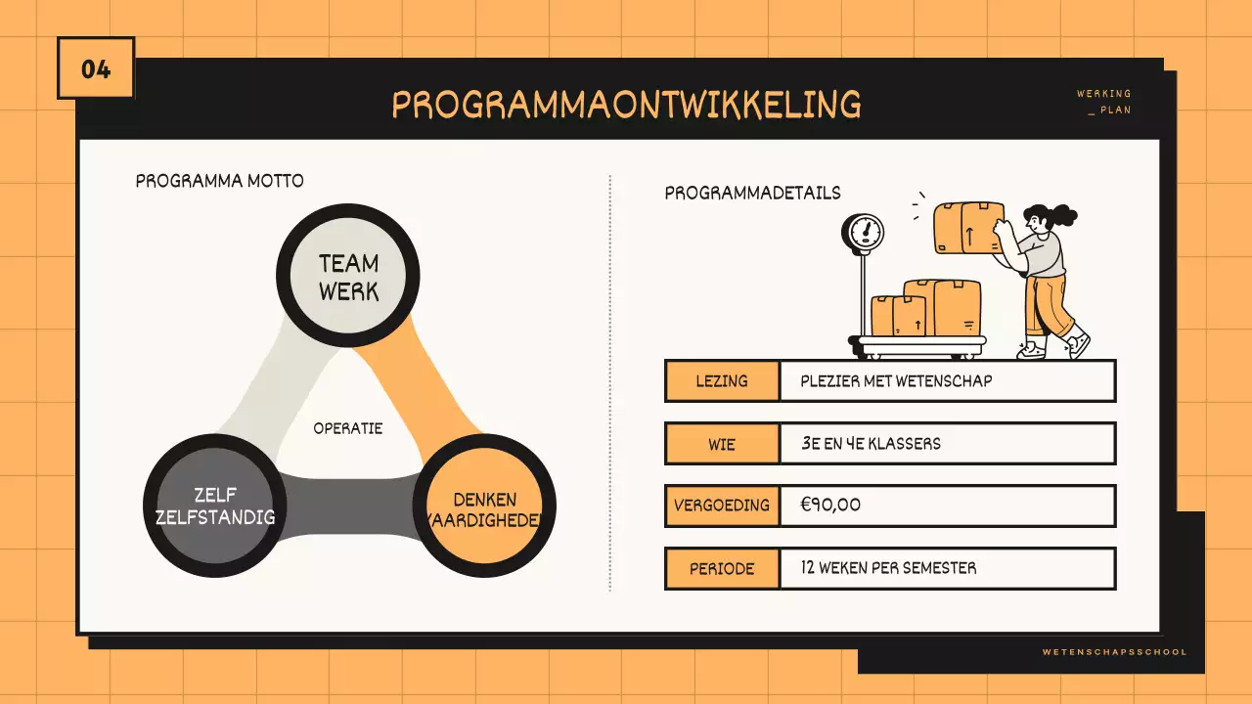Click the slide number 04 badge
click(x=96, y=68)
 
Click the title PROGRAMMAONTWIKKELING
click(x=626, y=104)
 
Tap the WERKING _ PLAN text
click(x=1105, y=102)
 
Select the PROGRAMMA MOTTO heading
click(x=219, y=181)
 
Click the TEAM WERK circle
click(x=348, y=277)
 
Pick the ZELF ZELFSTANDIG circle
click(x=215, y=506)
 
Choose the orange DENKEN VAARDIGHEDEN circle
click(x=484, y=509)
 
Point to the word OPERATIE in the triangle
click(x=347, y=428)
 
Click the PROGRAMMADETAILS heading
click(x=752, y=193)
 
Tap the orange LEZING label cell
click(x=722, y=381)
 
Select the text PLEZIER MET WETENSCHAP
click(x=895, y=381)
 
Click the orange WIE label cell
click(x=722, y=444)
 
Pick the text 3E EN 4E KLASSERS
click(x=871, y=444)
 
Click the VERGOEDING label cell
click(x=722, y=506)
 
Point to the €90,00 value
click(x=830, y=506)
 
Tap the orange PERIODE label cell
click(x=722, y=568)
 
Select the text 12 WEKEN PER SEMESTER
click(x=887, y=568)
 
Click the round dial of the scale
click(x=864, y=233)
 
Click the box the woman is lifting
click(x=967, y=228)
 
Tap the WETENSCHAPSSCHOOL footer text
click(x=1114, y=652)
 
